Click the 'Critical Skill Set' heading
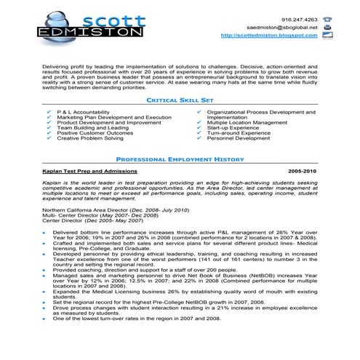pyautogui.click(x=180, y=100)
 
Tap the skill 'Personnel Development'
pyautogui.click(x=240, y=138)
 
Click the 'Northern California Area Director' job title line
pyautogui.click(x=115, y=210)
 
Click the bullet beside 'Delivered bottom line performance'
pyautogui.click(x=45, y=233)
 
